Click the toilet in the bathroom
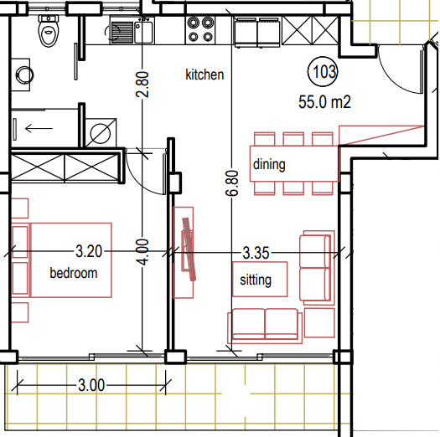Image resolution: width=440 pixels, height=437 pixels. (x=49, y=31)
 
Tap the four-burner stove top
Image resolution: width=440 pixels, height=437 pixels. (x=200, y=30)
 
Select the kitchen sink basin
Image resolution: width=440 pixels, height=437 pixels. (x=143, y=33)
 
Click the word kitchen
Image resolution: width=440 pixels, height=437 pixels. (x=204, y=75)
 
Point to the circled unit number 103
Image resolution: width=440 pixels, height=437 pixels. (x=323, y=71)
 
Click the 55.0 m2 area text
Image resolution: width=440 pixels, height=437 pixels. (x=324, y=102)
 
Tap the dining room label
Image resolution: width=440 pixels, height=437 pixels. (x=269, y=164)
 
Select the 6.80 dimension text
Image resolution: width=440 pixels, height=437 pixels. (x=232, y=183)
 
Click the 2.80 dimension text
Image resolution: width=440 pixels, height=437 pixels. (x=142, y=85)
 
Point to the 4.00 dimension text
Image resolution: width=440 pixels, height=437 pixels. (x=142, y=252)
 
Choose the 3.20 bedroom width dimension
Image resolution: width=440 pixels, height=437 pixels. (x=89, y=251)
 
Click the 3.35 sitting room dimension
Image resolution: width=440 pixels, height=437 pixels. (x=256, y=253)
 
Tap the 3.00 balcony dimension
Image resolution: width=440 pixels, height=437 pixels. (x=91, y=385)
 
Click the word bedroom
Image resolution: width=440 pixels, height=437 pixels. (x=74, y=273)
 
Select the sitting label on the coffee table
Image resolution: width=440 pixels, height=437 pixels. (x=256, y=280)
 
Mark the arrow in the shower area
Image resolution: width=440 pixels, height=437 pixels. (x=39, y=128)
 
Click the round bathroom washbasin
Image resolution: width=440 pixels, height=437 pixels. (x=24, y=75)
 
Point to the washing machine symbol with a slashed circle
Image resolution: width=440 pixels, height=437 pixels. (x=101, y=133)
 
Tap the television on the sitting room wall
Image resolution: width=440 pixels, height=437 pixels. (x=189, y=249)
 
